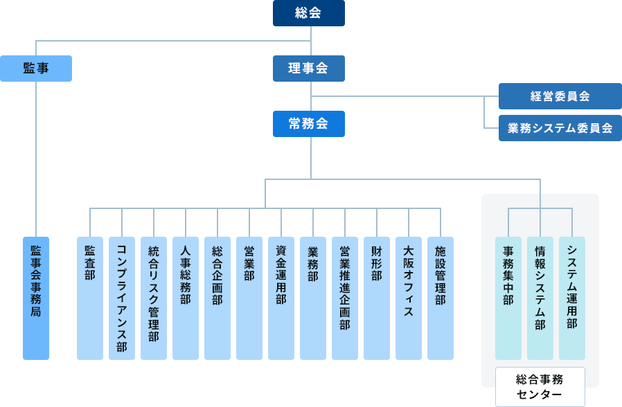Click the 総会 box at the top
pyautogui.click(x=308, y=13)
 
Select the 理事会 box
pyautogui.click(x=308, y=69)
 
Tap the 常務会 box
pyautogui.click(x=308, y=124)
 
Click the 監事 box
pyautogui.click(x=36, y=69)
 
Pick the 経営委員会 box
pyautogui.click(x=560, y=96)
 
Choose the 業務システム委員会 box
pyautogui.click(x=560, y=128)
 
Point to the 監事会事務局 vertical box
pyautogui.click(x=36, y=298)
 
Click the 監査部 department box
pyautogui.click(x=90, y=298)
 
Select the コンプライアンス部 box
pyautogui.click(x=122, y=298)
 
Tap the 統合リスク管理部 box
pyautogui.click(x=154, y=298)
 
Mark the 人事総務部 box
pyautogui.click(x=186, y=298)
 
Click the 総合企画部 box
pyautogui.click(x=217, y=298)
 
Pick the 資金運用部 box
pyautogui.click(x=281, y=298)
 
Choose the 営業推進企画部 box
pyautogui.click(x=345, y=298)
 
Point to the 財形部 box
pyautogui.click(x=377, y=298)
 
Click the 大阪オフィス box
pyautogui.click(x=409, y=298)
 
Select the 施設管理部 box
pyautogui.click(x=441, y=298)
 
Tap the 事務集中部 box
pyautogui.click(x=508, y=298)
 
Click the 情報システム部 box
pyautogui.click(x=540, y=298)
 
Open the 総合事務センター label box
pyautogui.click(x=540, y=387)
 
